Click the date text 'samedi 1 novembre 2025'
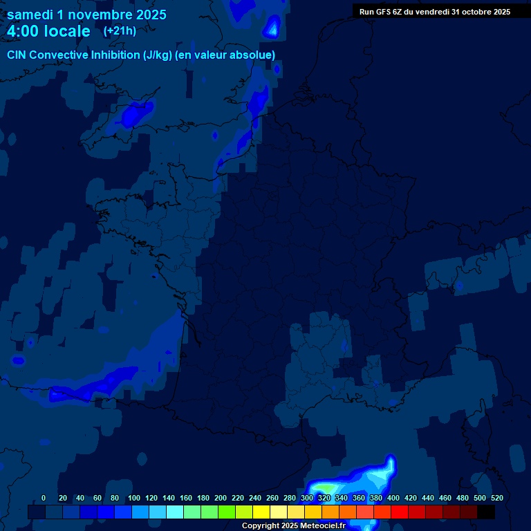[x=86, y=15]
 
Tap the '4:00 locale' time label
[x=48, y=31]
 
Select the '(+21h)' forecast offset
[x=120, y=31]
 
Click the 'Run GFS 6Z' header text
[x=380, y=12]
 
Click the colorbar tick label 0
[x=44, y=498]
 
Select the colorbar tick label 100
[x=134, y=498]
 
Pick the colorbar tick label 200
[x=221, y=498]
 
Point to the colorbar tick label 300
[x=307, y=498]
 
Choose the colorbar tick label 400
[x=393, y=498]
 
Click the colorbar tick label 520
[x=496, y=498]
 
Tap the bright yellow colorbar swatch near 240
[x=261, y=512]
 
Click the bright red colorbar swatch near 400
[x=400, y=512]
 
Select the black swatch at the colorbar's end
[x=486, y=512]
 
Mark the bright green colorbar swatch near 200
[x=227, y=512]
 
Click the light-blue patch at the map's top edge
[x=272, y=28]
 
